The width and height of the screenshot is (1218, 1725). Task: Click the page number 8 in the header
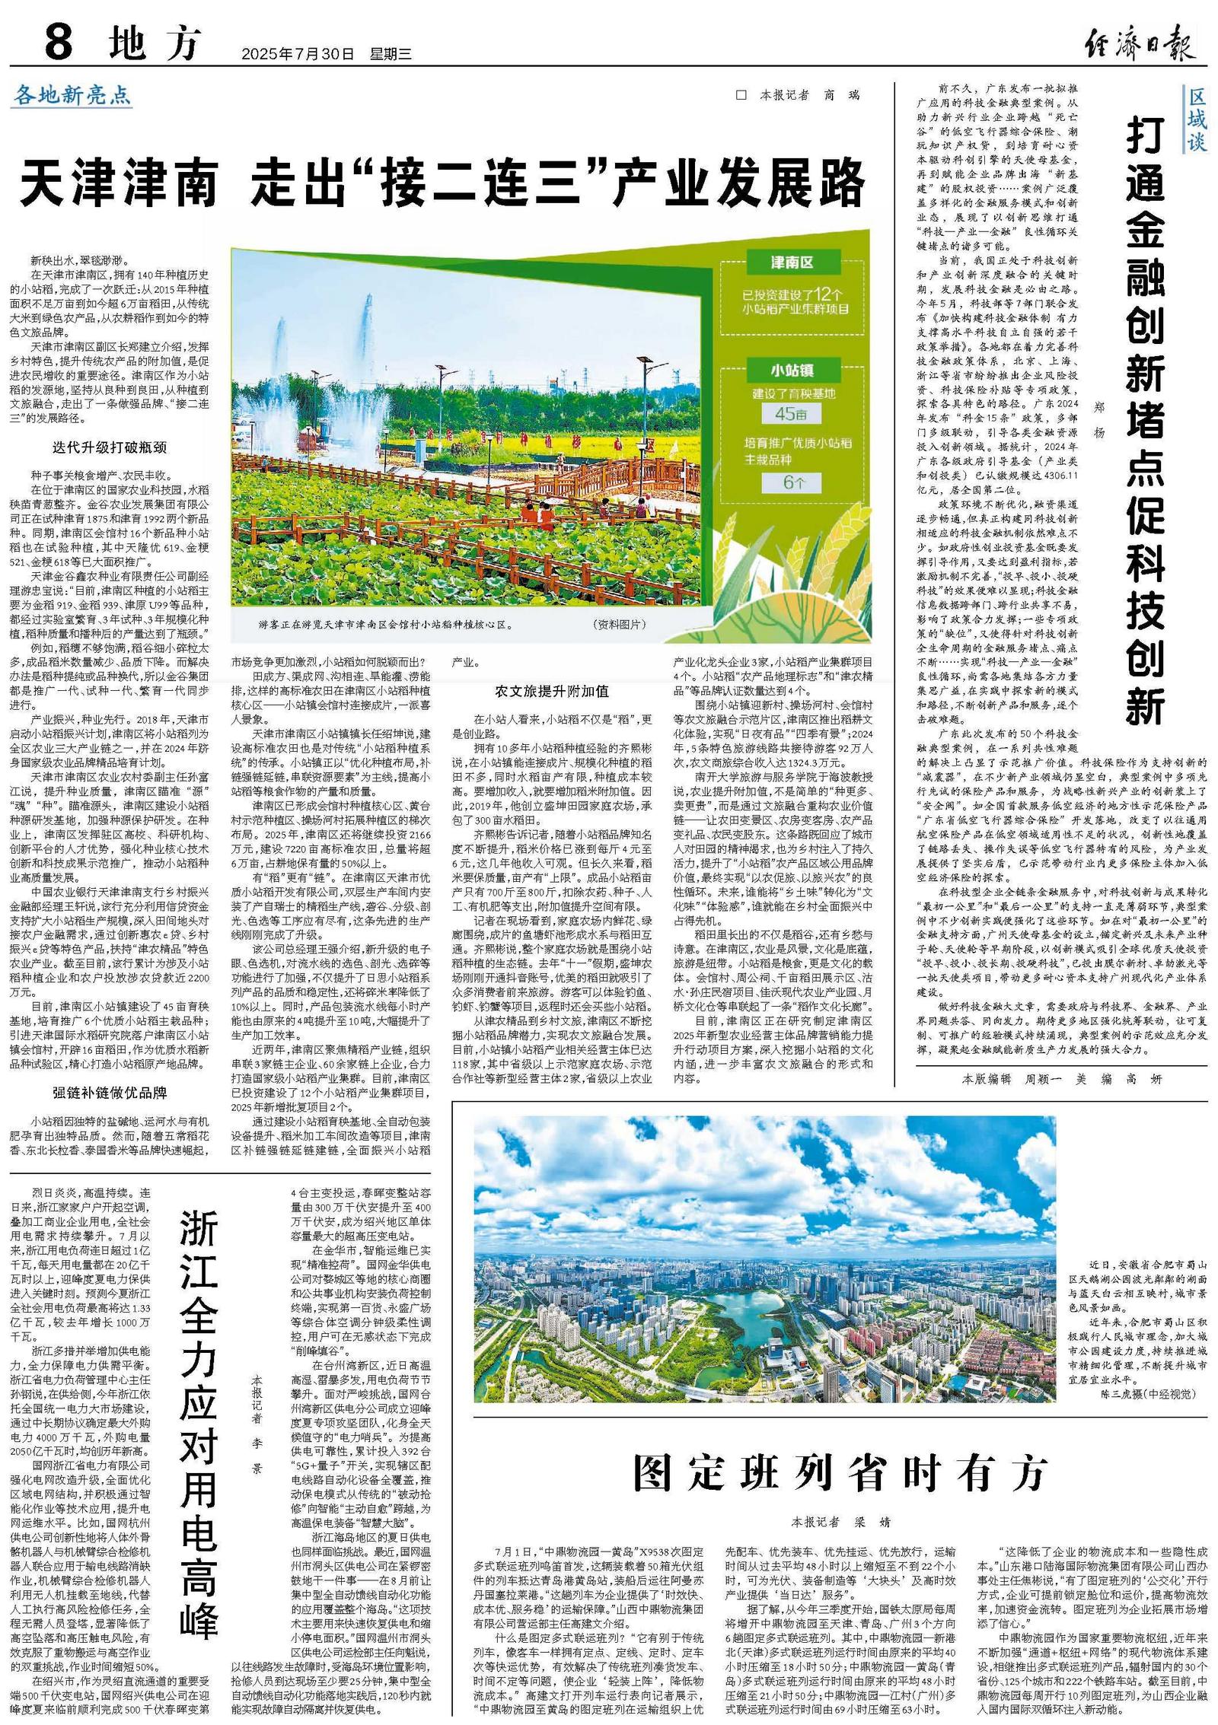59,42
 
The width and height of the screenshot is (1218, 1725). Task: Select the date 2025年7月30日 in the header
298,55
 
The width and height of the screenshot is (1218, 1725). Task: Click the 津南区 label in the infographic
791,263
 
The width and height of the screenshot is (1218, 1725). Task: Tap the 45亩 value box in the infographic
791,414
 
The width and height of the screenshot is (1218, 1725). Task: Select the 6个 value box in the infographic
791,483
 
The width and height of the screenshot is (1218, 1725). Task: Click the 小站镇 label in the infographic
791,371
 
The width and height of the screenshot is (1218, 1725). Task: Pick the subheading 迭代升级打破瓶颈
110,447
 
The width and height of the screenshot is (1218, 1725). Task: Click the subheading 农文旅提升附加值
551,691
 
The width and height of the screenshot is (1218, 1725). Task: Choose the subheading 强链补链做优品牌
110,1093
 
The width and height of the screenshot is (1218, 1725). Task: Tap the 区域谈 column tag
1197,119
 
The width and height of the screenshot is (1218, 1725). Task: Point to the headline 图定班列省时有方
840,1472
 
